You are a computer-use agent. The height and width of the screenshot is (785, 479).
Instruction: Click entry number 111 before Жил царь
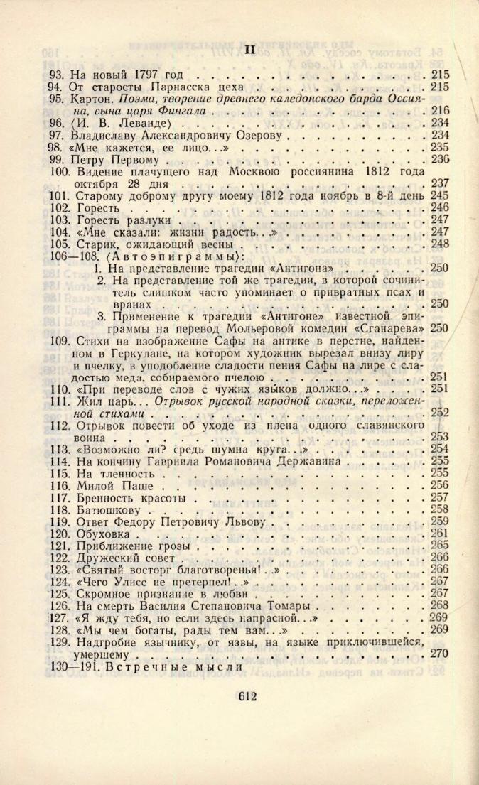[x=60, y=401]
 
